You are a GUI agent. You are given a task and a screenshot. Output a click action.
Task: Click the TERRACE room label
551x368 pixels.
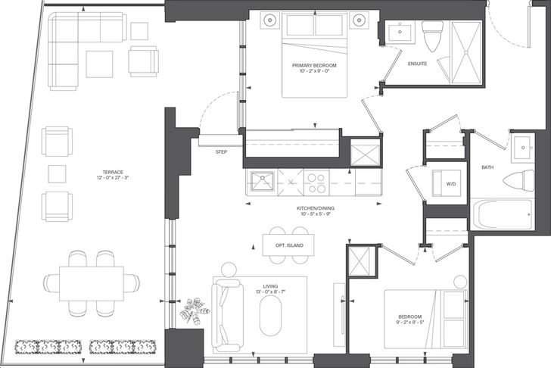click(x=113, y=172)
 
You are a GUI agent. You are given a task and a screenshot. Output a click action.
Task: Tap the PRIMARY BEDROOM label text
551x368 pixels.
click(x=314, y=65)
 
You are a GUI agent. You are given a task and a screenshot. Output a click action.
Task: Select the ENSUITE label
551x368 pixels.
click(x=418, y=64)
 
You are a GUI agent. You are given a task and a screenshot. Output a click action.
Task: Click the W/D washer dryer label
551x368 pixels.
click(x=451, y=184)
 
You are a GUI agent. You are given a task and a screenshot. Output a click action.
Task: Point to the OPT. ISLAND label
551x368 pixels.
click(x=289, y=245)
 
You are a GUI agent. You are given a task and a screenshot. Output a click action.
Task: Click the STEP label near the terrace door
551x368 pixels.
click(x=221, y=152)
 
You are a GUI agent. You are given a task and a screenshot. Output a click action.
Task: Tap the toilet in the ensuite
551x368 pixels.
click(x=433, y=36)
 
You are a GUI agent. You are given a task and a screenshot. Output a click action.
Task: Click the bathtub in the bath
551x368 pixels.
click(x=503, y=215)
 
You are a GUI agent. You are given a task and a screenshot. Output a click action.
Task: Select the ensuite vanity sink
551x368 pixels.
click(x=400, y=31)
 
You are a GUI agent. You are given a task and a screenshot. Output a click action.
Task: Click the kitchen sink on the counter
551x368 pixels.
click(x=262, y=181)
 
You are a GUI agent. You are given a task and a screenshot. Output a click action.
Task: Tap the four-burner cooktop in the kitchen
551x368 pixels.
click(x=316, y=183)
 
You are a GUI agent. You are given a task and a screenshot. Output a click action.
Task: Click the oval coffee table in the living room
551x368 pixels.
click(x=270, y=315)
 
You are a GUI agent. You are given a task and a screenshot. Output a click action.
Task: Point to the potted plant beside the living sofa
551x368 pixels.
click(x=195, y=311)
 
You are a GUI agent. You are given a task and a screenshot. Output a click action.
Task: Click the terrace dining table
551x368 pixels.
click(x=92, y=283)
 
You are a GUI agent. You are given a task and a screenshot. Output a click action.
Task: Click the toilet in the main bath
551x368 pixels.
click(x=518, y=181)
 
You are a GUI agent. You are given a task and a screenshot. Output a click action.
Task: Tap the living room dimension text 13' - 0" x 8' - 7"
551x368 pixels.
click(x=270, y=292)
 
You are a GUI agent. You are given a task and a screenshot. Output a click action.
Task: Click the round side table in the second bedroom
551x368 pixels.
click(x=459, y=282)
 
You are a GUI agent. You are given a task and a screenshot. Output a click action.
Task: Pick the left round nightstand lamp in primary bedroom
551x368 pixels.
click(x=270, y=20)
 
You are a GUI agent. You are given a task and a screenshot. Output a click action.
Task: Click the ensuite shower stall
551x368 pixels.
click(x=466, y=52)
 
